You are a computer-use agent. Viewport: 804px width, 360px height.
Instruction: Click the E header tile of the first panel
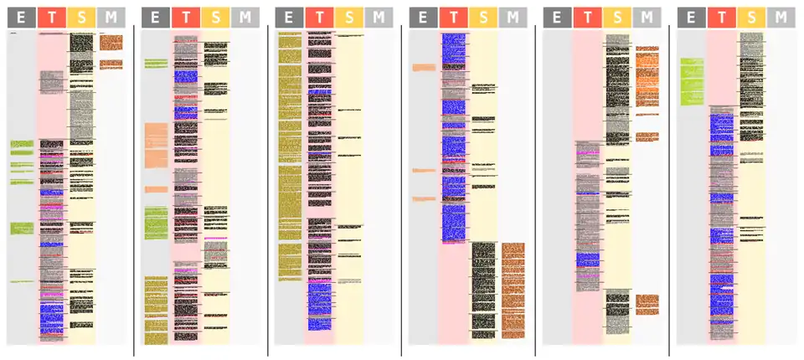tap(21, 18)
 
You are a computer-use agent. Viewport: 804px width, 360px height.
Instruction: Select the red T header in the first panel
tap(52, 18)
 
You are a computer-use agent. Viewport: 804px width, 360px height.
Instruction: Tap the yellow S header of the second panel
tap(215, 18)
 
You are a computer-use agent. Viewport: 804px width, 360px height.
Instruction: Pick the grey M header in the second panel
tap(245, 18)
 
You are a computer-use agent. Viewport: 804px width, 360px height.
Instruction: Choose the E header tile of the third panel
tap(289, 18)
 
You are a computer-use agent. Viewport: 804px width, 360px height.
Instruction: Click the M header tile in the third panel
tap(379, 18)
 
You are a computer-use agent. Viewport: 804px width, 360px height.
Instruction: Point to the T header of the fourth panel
tap(453, 18)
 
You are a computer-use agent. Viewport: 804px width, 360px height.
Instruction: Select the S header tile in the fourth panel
tap(483, 18)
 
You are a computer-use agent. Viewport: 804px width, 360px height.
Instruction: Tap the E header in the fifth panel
tap(557, 18)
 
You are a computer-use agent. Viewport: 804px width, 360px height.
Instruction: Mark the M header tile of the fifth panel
tap(647, 18)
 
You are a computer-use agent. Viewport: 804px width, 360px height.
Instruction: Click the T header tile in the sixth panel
tap(721, 18)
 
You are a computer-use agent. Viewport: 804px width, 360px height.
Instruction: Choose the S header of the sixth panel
tap(751, 18)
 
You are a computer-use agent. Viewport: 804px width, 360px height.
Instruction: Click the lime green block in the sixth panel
tap(691, 81)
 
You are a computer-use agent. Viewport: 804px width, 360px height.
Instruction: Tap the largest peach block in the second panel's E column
tap(157, 146)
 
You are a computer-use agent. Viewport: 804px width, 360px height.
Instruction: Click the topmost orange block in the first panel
tap(111, 41)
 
